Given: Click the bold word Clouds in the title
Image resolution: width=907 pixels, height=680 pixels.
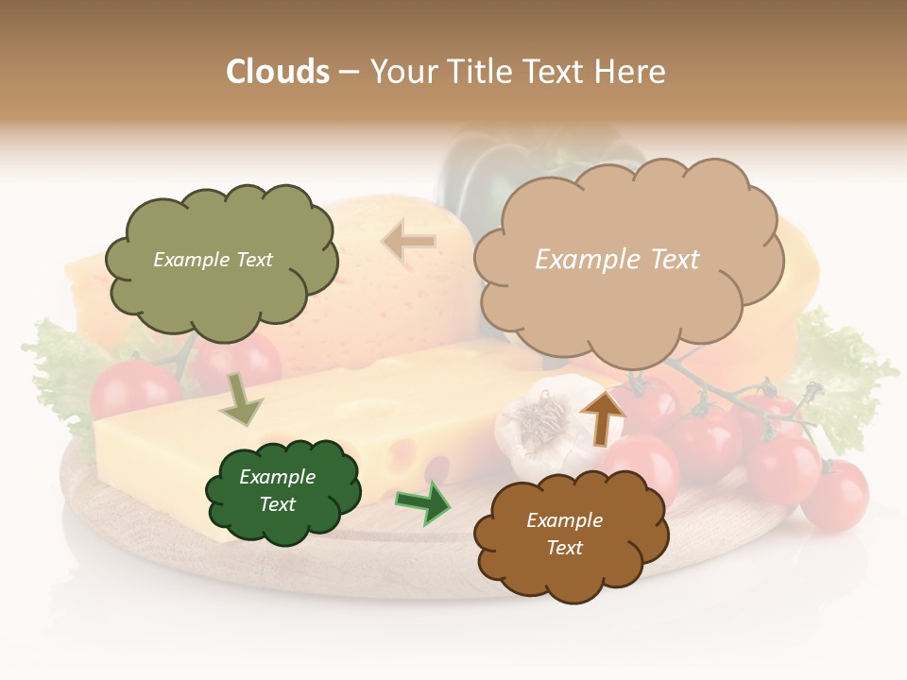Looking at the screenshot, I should click(x=278, y=72).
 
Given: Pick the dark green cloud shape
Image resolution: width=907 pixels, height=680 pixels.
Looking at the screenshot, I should click(x=282, y=491).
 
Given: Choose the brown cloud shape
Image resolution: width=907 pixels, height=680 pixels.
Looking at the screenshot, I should click(x=570, y=535).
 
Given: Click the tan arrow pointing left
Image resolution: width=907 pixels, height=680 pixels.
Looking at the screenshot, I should click(x=409, y=243).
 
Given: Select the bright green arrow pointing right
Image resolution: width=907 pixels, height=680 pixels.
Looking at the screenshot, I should click(x=423, y=502).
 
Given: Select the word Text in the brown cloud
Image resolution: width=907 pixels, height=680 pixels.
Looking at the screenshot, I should click(x=565, y=548).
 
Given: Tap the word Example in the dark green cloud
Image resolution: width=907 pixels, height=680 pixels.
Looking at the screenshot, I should click(x=277, y=477).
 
